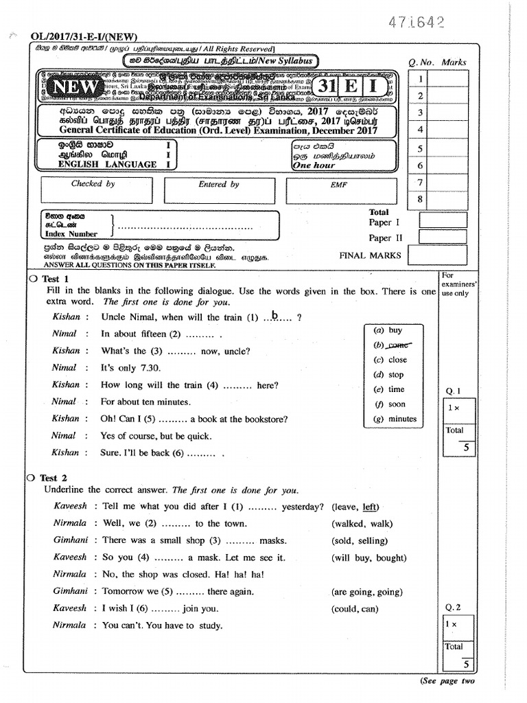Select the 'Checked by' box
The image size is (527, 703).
point(93,189)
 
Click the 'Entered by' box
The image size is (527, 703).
point(218,189)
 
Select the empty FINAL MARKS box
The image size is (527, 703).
point(443,255)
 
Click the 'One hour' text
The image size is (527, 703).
point(314,165)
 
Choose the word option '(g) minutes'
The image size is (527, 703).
point(395,419)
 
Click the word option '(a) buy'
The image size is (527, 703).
point(388,330)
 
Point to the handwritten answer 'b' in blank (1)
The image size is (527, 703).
point(274,316)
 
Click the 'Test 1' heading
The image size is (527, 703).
point(55,279)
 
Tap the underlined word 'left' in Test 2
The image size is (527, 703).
point(370,507)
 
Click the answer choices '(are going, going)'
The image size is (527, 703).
point(366,592)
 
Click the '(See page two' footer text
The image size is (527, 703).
point(447,681)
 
